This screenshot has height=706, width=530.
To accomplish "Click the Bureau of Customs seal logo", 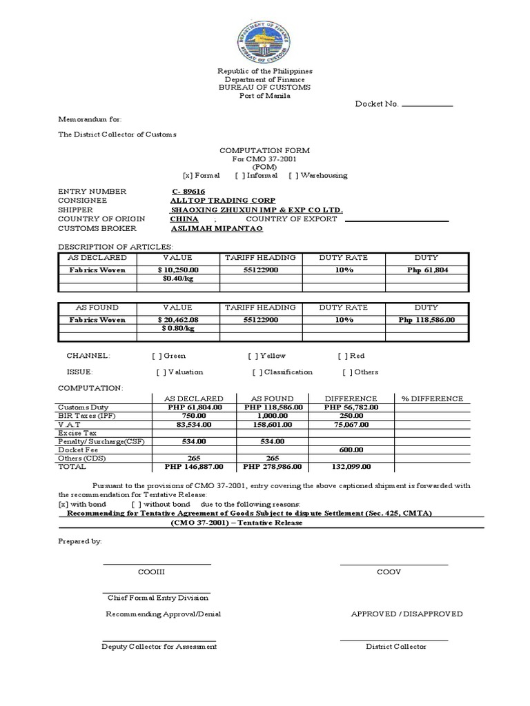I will tap(265, 38).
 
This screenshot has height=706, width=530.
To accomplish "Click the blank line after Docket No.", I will tap(426, 105).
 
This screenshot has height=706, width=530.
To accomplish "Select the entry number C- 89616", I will tap(188, 191).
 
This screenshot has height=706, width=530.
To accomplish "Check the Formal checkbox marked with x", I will tap(187, 176).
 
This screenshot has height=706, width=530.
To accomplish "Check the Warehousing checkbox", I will tap(293, 176).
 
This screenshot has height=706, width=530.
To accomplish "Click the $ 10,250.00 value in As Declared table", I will tap(178, 270).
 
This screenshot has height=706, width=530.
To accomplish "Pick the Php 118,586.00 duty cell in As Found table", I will tap(426, 320).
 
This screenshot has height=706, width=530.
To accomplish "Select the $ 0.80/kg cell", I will tap(178, 329).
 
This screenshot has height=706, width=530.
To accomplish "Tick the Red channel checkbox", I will tap(342, 356).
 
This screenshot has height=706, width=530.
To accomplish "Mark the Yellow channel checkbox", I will tap(253, 356).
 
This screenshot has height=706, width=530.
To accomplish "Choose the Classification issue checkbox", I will tap(257, 372).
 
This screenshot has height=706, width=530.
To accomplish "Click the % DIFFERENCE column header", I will tap(432, 399).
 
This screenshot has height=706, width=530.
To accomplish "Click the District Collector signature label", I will tap(395, 647).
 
